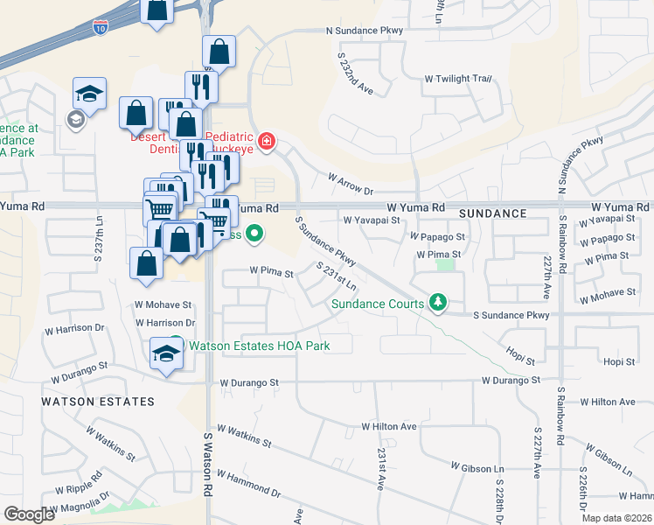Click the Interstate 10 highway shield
101,28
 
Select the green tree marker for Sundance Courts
438,304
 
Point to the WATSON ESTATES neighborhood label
98,402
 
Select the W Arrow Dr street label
351,184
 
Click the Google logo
29,514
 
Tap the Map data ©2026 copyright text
616,518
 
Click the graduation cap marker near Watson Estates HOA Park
166,355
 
